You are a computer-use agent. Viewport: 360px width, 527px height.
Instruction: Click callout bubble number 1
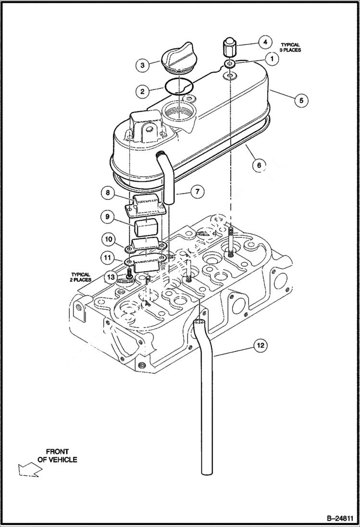[x=272, y=59]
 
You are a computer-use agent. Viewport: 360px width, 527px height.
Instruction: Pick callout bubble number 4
[x=264, y=42]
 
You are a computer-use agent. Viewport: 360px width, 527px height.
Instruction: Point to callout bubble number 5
[x=301, y=100]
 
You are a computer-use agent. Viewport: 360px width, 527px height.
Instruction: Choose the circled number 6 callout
[x=259, y=165]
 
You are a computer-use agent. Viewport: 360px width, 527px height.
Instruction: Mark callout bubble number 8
[x=108, y=193]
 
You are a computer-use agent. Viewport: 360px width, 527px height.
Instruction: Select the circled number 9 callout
[x=108, y=217]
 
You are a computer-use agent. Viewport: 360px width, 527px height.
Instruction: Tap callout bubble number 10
[x=108, y=239]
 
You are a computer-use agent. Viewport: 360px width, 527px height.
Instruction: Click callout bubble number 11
[x=108, y=258]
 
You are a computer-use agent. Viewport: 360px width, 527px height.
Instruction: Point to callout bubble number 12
[x=260, y=345]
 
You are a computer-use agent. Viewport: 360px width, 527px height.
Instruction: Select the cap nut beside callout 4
[x=230, y=48]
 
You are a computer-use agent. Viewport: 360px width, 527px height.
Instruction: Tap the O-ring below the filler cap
[x=179, y=86]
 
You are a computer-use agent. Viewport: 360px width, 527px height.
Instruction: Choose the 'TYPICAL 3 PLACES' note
[x=290, y=47]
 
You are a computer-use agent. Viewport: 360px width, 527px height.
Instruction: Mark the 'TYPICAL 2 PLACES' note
[x=81, y=277]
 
